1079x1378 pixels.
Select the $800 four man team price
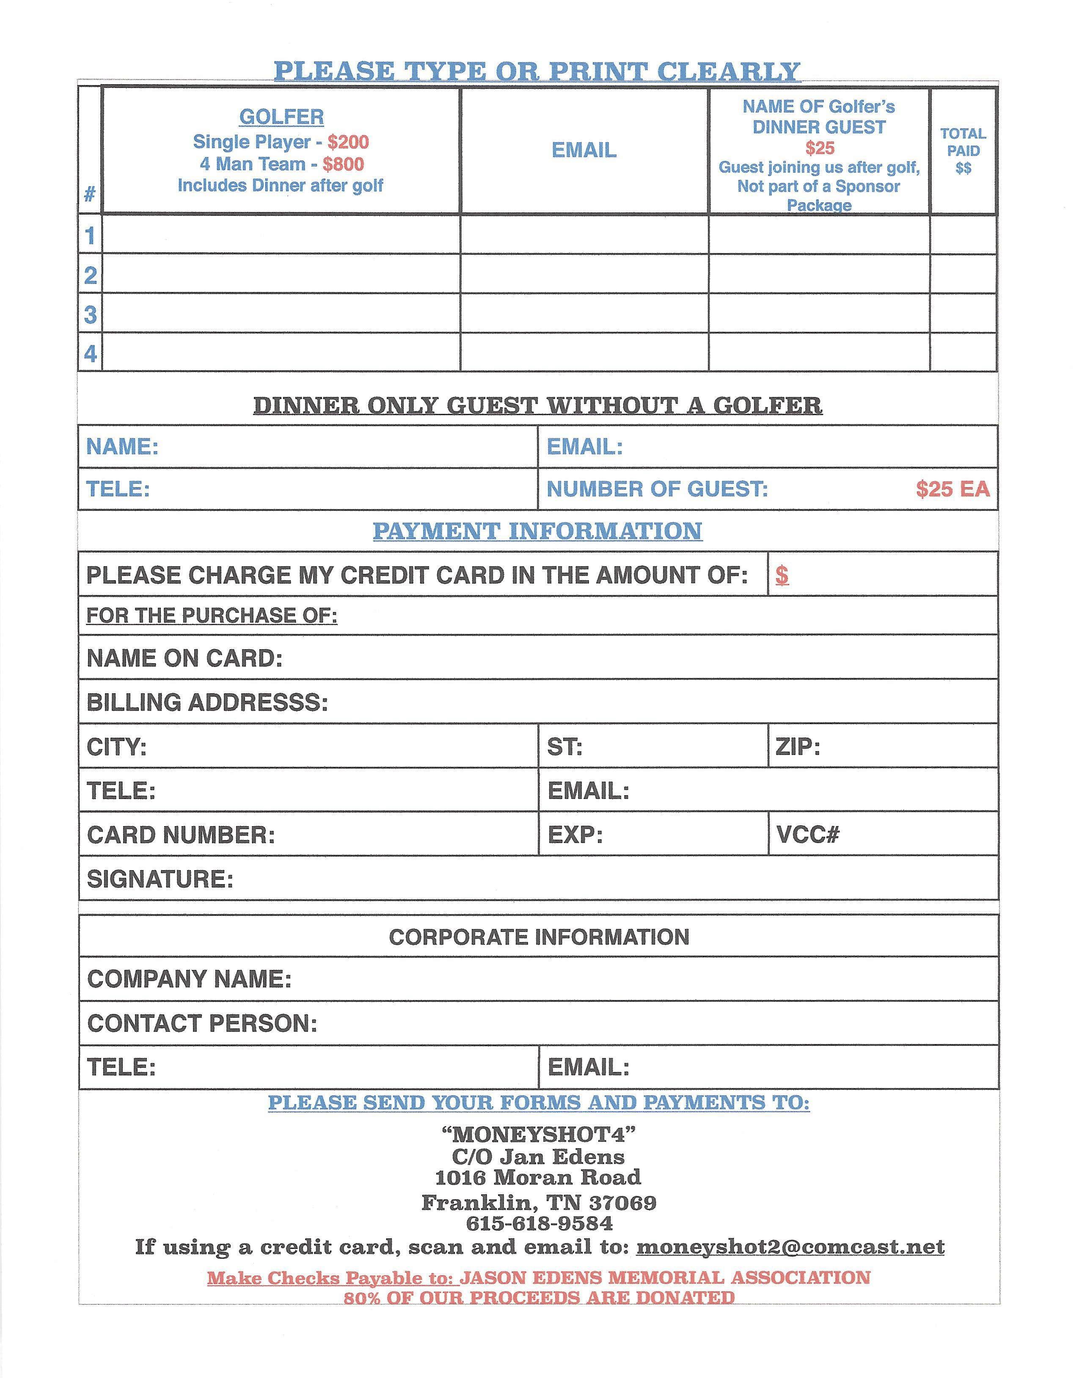[x=343, y=164]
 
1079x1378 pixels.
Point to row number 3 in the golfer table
[x=90, y=314]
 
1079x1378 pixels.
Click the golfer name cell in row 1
[x=281, y=235]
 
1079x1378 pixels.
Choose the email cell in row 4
[x=584, y=353]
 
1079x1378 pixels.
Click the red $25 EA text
[x=952, y=488]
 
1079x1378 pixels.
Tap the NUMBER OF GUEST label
[x=657, y=488]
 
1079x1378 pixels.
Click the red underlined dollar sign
[x=782, y=575]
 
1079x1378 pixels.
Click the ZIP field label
[x=798, y=747]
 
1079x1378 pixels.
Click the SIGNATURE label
[x=160, y=879]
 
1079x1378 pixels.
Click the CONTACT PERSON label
[x=202, y=1023]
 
